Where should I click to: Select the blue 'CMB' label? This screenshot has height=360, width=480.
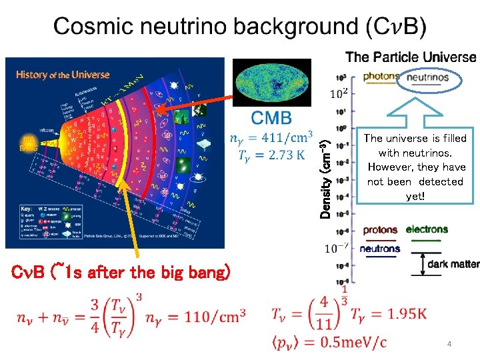click(x=271, y=119)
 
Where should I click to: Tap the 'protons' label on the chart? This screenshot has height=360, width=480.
click(x=380, y=230)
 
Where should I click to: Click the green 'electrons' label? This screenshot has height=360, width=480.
click(x=427, y=230)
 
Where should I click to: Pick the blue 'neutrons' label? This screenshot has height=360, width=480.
click(x=380, y=249)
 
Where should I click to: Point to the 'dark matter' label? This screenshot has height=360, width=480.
click(x=453, y=264)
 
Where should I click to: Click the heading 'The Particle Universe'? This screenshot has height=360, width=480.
click(x=411, y=57)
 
